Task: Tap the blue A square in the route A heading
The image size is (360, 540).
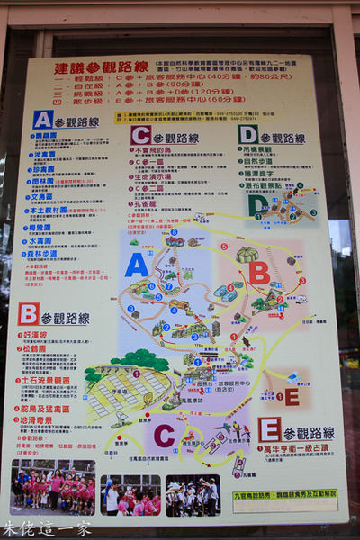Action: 42,120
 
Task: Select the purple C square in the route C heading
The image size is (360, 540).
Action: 140,136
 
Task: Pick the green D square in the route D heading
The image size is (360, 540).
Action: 248,135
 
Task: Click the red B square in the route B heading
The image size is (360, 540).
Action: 28,314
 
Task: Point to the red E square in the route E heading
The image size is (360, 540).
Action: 269,428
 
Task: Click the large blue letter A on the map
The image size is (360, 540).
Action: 137,265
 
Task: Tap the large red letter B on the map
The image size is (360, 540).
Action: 258,273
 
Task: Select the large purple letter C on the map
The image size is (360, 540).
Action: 164,436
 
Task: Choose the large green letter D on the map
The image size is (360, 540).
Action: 258,205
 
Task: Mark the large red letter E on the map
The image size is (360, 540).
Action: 291,396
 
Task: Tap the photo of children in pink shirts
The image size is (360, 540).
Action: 53,489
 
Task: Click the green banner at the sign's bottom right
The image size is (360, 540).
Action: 297,493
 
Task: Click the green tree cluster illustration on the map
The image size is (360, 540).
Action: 139,360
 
